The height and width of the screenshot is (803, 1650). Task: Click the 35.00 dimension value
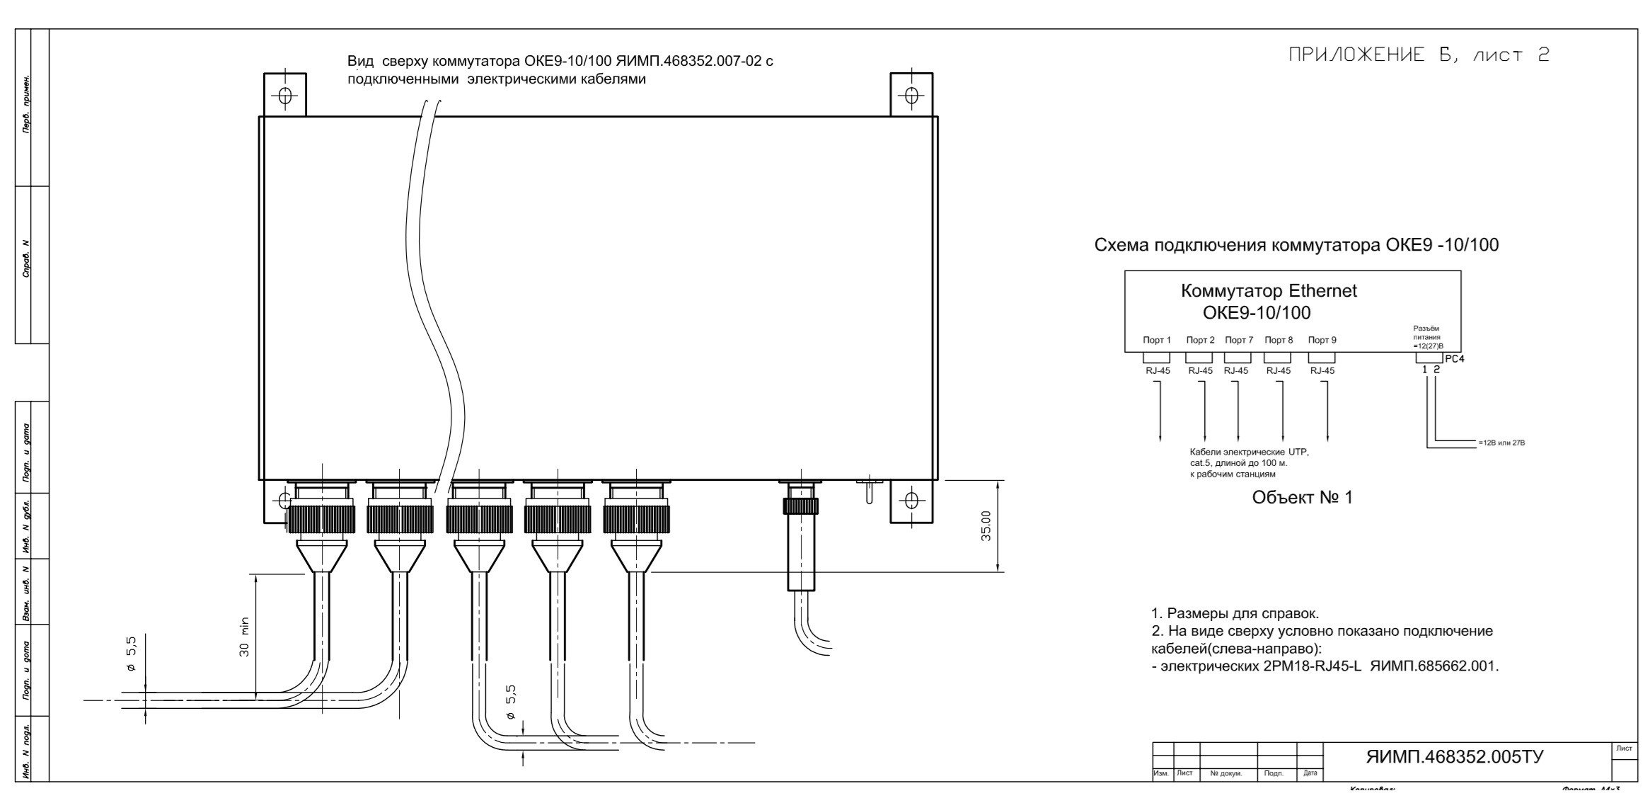986,525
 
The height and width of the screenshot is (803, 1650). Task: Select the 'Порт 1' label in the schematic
1157,341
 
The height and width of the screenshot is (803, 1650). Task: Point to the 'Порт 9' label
1322,341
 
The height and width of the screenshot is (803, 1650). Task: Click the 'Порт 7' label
1239,341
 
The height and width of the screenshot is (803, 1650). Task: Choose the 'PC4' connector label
1455,359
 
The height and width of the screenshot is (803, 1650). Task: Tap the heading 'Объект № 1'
1302,498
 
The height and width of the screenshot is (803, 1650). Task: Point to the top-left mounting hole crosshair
284,95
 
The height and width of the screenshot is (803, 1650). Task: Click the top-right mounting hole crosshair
911,95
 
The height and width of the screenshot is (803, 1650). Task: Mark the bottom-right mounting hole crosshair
911,501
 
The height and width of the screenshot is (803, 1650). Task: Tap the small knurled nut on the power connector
800,506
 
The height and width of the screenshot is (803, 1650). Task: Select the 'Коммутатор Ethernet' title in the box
1269,291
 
